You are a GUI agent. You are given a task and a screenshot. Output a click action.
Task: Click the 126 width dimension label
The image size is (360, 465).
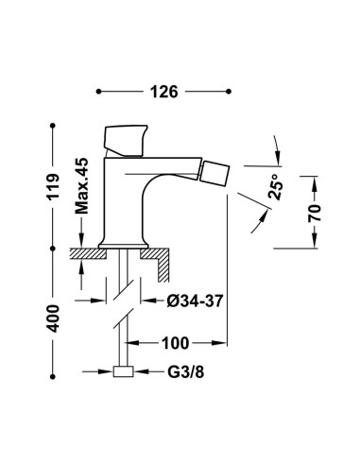[164, 92]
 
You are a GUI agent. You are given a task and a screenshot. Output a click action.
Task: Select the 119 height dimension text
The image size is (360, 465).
[54, 186]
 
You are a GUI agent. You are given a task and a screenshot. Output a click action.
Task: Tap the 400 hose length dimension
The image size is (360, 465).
[54, 319]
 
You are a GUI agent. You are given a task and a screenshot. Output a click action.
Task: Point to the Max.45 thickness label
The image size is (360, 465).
[82, 186]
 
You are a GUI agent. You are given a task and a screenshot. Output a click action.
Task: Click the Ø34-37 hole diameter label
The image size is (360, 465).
[195, 301]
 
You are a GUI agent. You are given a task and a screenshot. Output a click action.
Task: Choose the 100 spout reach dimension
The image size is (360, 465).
[176, 343]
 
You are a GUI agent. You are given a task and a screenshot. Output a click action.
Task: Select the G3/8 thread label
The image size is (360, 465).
[186, 372]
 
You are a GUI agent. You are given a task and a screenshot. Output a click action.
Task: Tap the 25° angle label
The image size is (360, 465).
[275, 186]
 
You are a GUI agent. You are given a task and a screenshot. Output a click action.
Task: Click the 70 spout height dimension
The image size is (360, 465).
[315, 213]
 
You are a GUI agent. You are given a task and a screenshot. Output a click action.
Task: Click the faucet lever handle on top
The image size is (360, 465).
[126, 141]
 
